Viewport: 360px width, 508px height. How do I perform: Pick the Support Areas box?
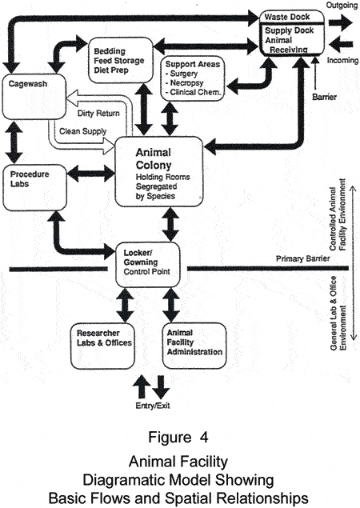point(190,78)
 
